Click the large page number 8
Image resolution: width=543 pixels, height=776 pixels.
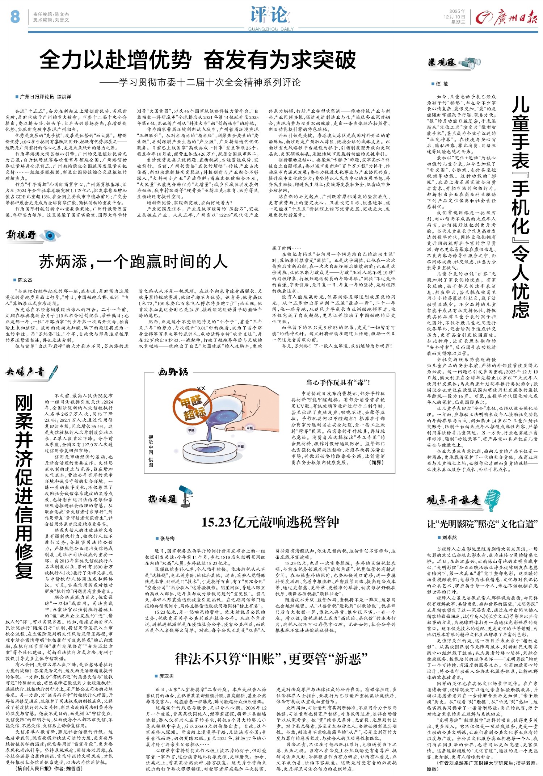[x=15, y=17]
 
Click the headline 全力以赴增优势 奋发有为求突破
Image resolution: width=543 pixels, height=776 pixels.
[x=198, y=60]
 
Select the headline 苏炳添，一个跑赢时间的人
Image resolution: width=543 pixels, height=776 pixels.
[x=133, y=261]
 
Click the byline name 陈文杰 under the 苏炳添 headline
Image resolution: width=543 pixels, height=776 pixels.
[x=25, y=280]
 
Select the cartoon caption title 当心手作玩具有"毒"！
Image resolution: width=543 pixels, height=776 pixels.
[x=338, y=382]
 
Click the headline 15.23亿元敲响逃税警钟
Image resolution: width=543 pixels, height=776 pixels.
[x=270, y=522]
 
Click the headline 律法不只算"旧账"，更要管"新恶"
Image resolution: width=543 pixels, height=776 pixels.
[x=271, y=659]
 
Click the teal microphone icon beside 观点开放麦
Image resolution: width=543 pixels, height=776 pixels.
[x=492, y=499]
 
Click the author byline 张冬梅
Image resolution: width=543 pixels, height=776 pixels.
[x=167, y=538]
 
